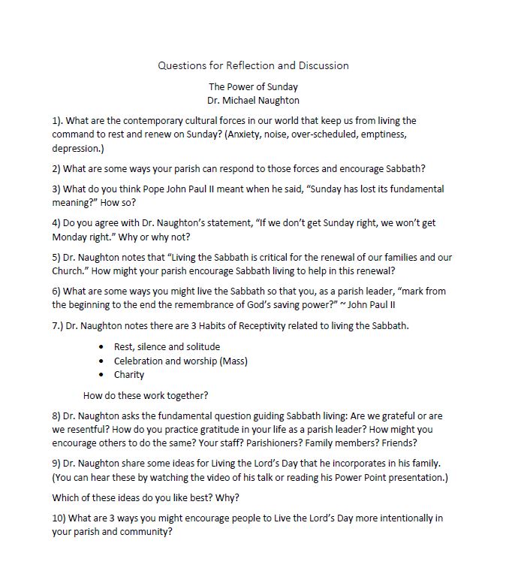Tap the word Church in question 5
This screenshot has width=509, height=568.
click(x=71, y=271)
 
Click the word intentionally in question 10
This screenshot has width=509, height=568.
click(x=390, y=518)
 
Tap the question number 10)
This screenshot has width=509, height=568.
click(x=61, y=518)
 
